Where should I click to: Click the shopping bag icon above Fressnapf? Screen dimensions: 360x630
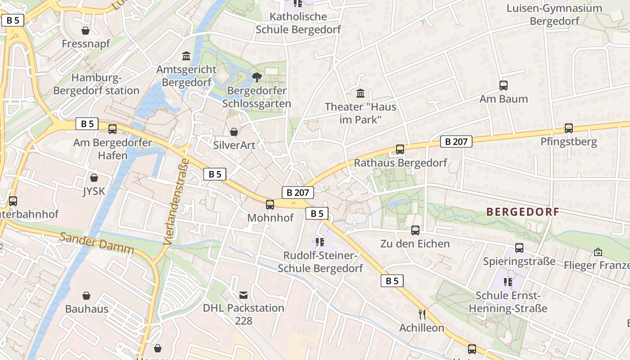pos(85,31)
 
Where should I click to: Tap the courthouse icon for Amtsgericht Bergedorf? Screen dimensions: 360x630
pos(186,56)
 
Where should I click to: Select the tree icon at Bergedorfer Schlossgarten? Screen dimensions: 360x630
pos(256,77)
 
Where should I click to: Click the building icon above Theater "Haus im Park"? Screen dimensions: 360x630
pos(360,94)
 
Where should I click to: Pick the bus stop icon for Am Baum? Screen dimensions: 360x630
pos(504,85)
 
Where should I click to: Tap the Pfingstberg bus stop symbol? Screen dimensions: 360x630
pos(569,128)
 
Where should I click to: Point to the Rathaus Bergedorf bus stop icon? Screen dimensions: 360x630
pos(400,149)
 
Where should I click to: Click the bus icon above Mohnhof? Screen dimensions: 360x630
pos(270,205)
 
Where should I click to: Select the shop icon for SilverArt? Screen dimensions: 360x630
pos(234,132)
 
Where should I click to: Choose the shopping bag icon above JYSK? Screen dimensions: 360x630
pos(94,178)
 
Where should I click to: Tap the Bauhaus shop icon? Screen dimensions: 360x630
pos(86,296)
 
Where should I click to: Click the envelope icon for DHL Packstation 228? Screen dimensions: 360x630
pos(243,295)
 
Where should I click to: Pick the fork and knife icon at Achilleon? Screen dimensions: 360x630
pos(422,314)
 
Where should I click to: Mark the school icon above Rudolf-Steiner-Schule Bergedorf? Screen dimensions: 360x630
pos(320,243)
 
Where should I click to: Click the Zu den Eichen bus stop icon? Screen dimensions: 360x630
pos(415,230)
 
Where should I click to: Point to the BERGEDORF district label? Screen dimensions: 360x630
pos(523,212)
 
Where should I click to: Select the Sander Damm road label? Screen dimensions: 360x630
pos(97,243)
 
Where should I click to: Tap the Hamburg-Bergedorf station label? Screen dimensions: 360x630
pos(96,84)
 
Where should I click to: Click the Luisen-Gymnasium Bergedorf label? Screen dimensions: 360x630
pos(554,14)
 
